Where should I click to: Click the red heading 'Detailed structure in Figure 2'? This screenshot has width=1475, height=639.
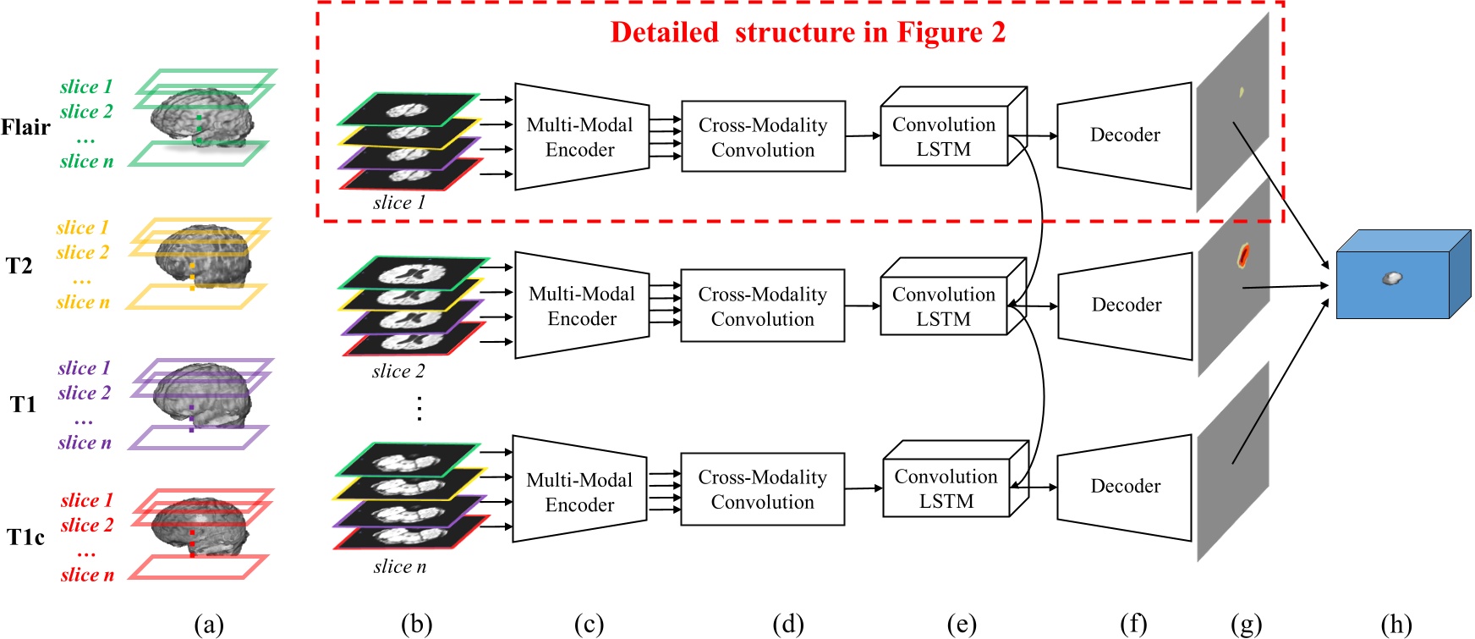(x=808, y=33)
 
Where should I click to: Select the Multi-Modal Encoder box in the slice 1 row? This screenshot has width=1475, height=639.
(x=581, y=137)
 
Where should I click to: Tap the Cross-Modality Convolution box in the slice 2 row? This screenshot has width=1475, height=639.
(x=762, y=306)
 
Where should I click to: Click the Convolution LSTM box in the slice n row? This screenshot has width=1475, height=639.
(x=947, y=488)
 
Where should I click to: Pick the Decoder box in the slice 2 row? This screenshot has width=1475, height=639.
(x=1125, y=305)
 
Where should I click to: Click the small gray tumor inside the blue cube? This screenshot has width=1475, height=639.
(x=1391, y=278)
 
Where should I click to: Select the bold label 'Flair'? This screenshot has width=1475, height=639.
(x=25, y=128)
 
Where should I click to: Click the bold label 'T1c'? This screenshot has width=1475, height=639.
(x=25, y=537)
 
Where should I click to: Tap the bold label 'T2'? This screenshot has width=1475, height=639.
(x=19, y=267)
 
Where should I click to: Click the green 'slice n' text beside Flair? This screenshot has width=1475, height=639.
(x=86, y=161)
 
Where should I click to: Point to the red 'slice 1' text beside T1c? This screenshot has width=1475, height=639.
(x=86, y=500)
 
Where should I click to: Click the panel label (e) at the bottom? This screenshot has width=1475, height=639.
(x=962, y=625)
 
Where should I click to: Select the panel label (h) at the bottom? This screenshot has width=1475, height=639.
(x=1396, y=625)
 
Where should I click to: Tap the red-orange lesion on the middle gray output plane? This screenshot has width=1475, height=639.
(x=1243, y=254)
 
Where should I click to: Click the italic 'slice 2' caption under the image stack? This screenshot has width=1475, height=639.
(x=398, y=371)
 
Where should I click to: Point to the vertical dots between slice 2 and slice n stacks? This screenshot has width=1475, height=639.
(x=419, y=408)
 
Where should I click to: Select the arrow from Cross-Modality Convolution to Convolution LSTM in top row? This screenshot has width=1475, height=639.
(x=863, y=135)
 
